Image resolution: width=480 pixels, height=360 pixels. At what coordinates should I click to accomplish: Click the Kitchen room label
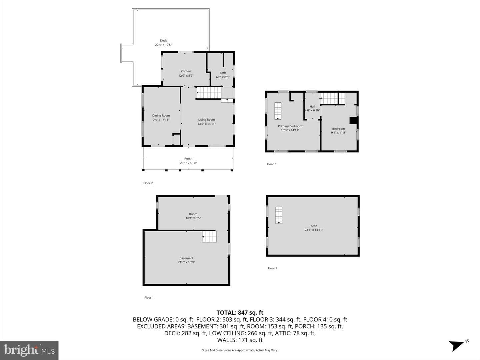186,71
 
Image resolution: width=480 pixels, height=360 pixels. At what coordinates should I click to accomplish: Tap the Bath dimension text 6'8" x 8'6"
223,77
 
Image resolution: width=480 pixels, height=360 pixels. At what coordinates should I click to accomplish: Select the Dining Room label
161,115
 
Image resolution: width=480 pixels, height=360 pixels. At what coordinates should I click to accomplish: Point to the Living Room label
206,120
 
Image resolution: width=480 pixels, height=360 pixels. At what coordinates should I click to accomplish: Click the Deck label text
163,40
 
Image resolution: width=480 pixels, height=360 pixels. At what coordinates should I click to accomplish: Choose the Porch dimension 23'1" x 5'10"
188,163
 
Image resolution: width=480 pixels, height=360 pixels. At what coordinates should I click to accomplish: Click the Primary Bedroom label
290,126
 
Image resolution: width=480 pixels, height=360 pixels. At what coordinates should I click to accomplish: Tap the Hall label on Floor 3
312,106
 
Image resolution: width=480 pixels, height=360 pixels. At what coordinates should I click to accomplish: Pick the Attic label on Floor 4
314,226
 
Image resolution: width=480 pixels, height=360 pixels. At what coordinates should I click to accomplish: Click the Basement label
186,258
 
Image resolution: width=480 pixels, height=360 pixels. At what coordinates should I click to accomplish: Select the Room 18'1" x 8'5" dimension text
193,218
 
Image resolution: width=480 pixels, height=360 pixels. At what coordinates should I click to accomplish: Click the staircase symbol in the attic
279,215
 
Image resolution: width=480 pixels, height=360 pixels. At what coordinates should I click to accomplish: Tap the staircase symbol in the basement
209,237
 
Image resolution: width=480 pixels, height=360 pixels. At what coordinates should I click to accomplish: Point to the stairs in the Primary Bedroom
278,111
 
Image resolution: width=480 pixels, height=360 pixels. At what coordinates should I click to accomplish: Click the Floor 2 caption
148,183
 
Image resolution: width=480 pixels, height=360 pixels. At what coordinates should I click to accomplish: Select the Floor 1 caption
149,297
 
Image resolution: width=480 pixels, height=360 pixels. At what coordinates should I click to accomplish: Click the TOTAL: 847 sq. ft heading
240,313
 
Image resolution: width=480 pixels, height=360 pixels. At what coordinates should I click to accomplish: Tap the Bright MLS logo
29,350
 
